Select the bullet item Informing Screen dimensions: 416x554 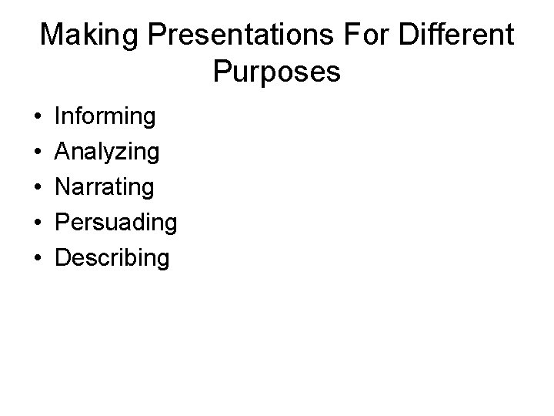(x=105, y=117)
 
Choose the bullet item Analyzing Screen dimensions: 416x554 (x=108, y=153)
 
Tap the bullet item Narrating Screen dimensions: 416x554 (x=105, y=187)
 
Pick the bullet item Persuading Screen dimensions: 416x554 (x=116, y=223)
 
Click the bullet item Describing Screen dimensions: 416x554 (x=112, y=258)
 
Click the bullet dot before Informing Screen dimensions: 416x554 (x=38, y=118)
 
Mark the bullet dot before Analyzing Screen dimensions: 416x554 (x=38, y=153)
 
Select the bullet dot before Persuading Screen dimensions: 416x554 (x=38, y=223)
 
